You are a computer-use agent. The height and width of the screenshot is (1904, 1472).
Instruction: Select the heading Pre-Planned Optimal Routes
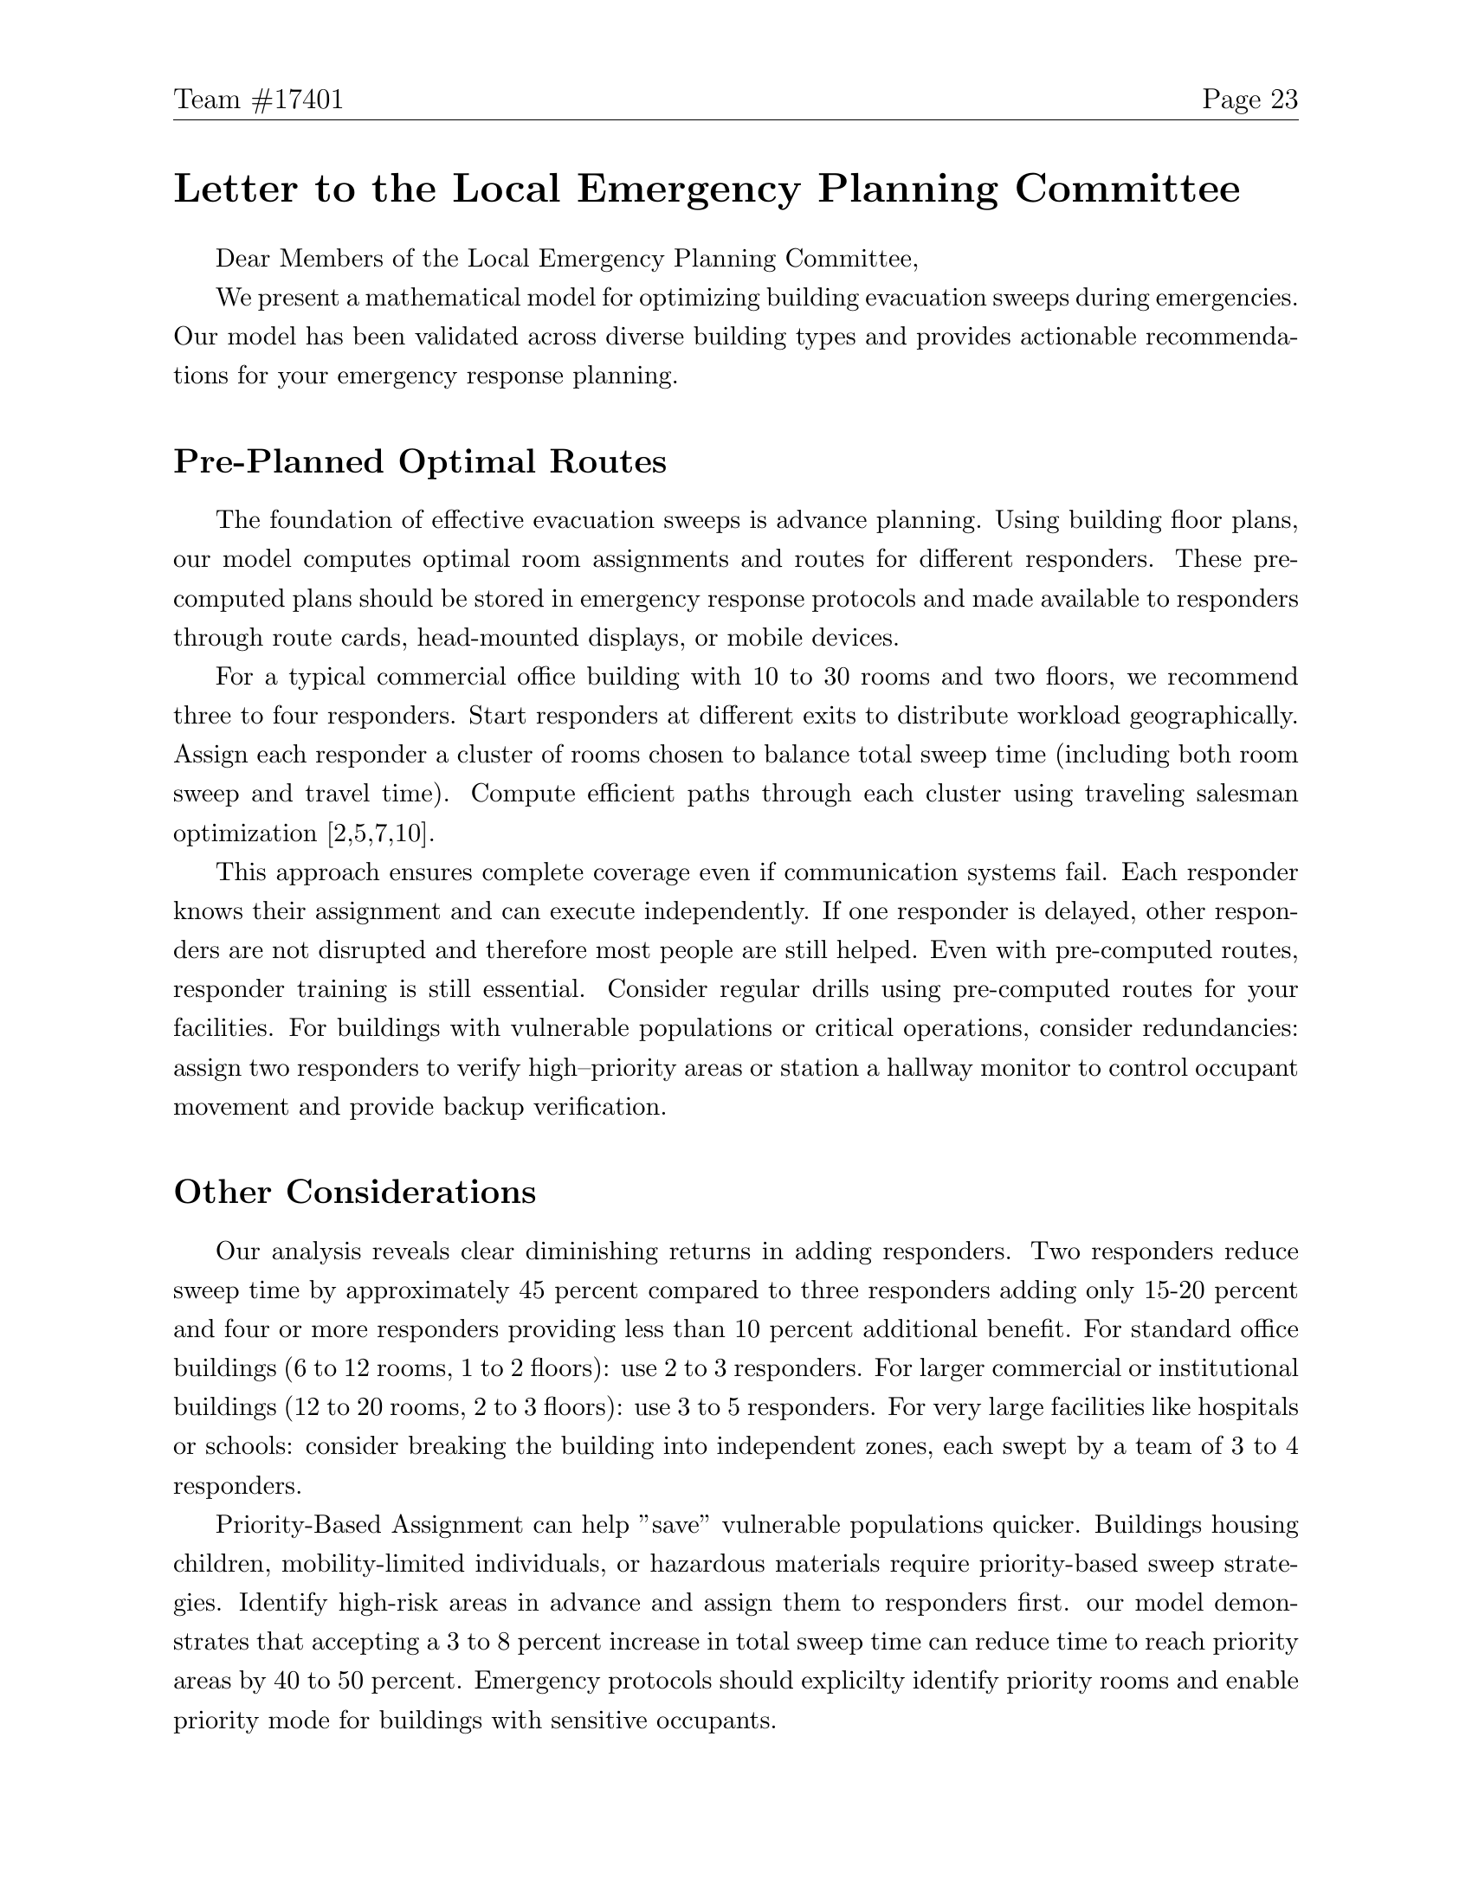[419, 461]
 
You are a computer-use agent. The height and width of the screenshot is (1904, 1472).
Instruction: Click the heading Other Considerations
[354, 1192]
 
